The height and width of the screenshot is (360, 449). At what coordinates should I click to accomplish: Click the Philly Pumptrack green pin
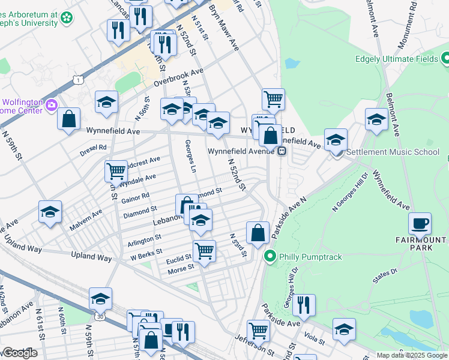point(270,257)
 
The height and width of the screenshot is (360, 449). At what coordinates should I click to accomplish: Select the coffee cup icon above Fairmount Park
point(420,223)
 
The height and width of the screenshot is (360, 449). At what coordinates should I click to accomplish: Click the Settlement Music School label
point(393,152)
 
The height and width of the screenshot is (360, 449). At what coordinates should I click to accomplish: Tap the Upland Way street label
point(92,257)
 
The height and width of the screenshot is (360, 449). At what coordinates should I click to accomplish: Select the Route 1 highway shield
point(77,79)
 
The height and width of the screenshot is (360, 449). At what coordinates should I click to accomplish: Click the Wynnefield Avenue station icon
point(281,151)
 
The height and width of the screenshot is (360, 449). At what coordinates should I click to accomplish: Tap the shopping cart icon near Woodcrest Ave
point(116,170)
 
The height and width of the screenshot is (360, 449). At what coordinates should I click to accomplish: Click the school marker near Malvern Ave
point(50,211)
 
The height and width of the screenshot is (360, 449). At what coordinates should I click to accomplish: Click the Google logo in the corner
point(20,353)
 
